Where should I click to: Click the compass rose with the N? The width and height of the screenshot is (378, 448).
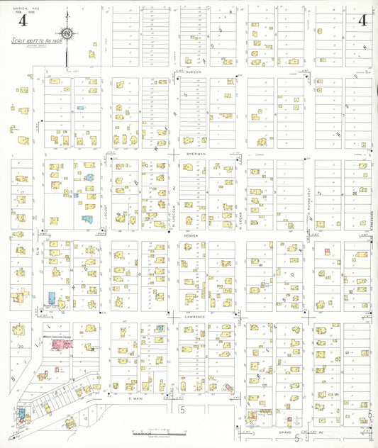pyautogui.click(x=67, y=33)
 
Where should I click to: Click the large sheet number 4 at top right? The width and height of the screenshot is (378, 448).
pyautogui.click(x=362, y=21)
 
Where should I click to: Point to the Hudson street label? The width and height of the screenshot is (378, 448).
pyautogui.click(x=196, y=72)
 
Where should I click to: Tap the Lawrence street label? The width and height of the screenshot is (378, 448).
pyautogui.click(x=196, y=316)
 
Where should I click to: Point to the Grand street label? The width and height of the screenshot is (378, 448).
pyautogui.click(x=285, y=430)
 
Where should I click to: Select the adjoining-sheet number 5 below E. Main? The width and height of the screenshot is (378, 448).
pyautogui.click(x=182, y=410)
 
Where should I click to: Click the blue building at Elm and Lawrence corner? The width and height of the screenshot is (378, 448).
pyautogui.click(x=50, y=298)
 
